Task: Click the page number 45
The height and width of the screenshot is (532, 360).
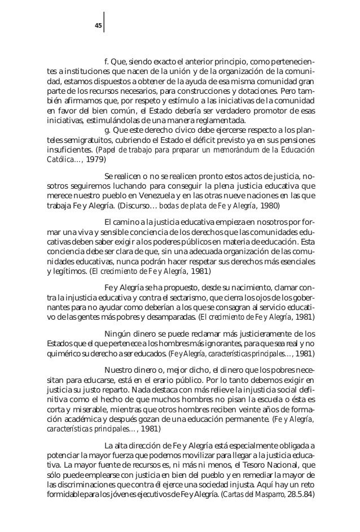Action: pyautogui.click(x=98, y=24)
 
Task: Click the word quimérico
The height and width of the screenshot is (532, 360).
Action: pyautogui.click(x=63, y=355)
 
